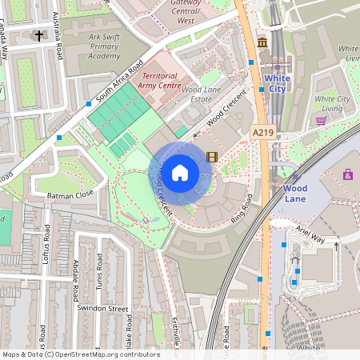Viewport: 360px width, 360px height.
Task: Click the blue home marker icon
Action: tap(180, 171)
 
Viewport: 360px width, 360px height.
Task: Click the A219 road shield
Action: tap(262, 132)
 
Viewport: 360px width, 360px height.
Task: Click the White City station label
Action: tap(277, 83)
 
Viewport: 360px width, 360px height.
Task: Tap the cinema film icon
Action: tap(211, 157)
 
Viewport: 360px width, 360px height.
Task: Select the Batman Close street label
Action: tap(72, 194)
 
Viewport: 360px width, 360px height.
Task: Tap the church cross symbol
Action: tap(39, 35)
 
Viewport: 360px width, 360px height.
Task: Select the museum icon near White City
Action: tap(262, 42)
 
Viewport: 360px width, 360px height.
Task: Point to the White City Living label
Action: tap(333, 103)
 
